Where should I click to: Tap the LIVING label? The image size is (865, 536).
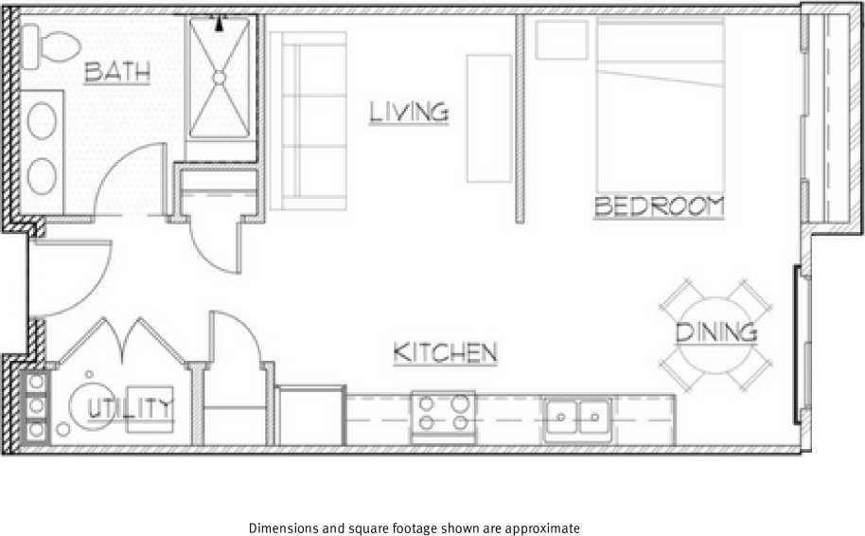(x=408, y=112)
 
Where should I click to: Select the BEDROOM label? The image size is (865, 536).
(x=659, y=206)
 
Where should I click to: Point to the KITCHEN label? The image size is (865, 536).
(x=445, y=353)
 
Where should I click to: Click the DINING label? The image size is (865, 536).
(x=716, y=332)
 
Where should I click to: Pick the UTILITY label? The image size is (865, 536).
(x=132, y=408)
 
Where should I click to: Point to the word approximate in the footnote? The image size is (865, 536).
(x=541, y=527)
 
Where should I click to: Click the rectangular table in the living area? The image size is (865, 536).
(x=489, y=118)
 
